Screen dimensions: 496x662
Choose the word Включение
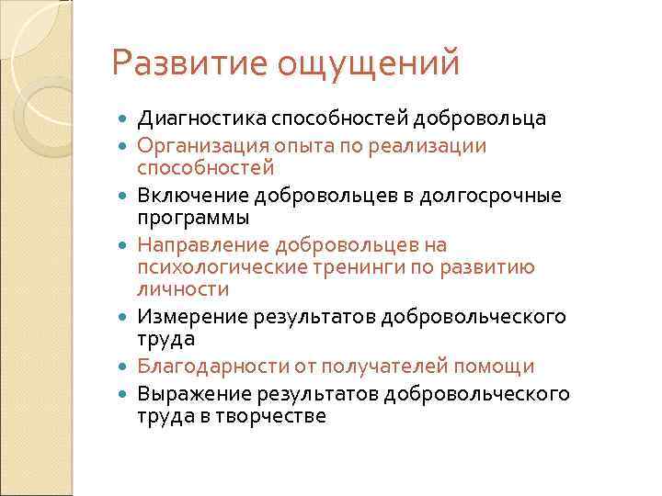(188, 196)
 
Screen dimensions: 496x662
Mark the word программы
(193, 219)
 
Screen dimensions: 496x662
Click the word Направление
(201, 245)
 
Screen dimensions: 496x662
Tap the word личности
(182, 289)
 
